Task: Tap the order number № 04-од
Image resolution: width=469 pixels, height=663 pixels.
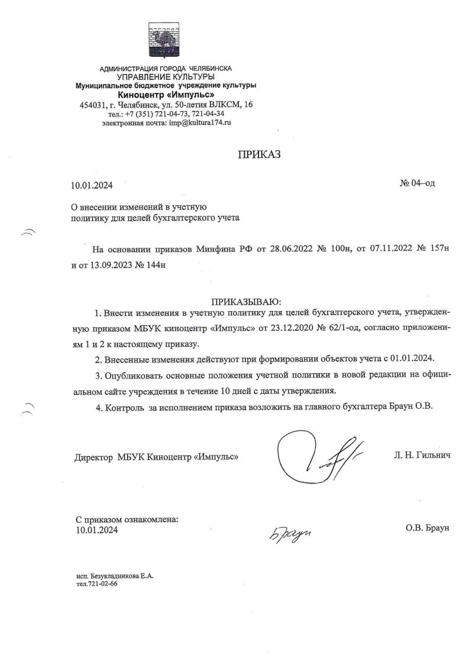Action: pos(418,183)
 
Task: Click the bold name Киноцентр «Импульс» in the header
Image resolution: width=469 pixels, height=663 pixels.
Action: pos(166,95)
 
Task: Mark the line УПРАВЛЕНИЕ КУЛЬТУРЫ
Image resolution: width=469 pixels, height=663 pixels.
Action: pos(165,77)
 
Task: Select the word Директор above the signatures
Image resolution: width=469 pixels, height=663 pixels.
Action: pos(94,457)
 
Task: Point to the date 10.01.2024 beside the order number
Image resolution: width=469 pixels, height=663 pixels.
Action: pos(91,186)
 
